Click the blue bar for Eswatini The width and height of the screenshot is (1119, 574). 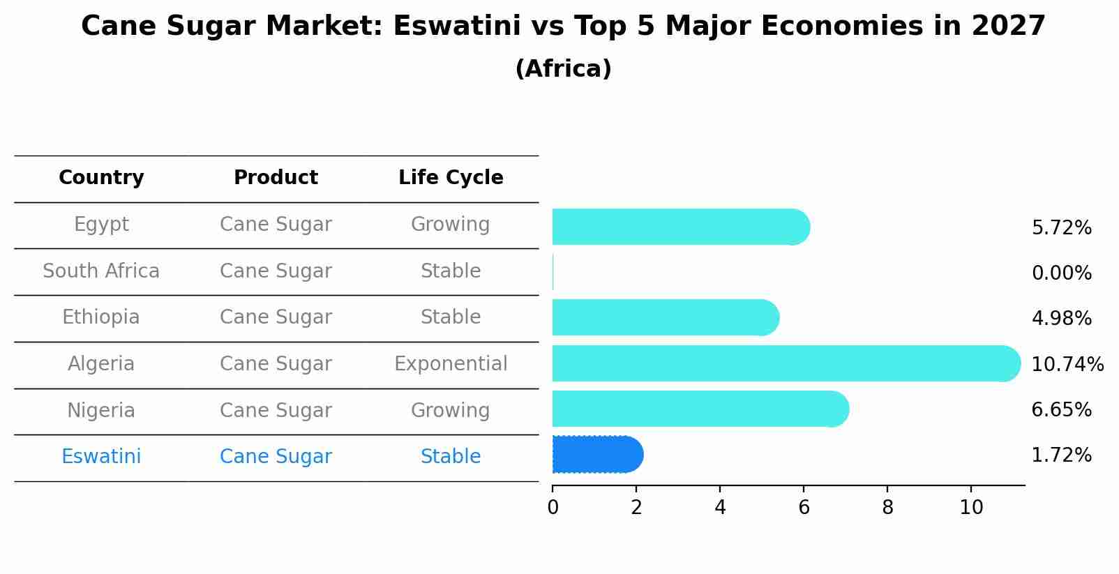596,455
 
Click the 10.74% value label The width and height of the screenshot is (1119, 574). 1067,364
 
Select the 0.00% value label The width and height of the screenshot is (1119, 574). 1061,273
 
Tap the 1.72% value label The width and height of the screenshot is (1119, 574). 1061,455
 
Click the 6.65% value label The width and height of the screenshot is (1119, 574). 1061,409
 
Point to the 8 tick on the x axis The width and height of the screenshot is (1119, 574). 887,507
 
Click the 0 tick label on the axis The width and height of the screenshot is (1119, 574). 553,507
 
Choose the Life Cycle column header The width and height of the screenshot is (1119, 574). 451,178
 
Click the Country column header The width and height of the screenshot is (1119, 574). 101,178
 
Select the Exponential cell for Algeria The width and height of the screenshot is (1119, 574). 451,364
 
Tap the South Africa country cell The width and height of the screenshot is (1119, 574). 101,271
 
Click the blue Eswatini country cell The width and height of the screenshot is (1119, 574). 101,457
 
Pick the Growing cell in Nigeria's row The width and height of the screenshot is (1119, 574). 451,410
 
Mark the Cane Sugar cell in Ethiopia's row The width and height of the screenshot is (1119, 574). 276,317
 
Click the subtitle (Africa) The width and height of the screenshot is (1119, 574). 563,69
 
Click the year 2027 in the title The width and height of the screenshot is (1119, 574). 1008,27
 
